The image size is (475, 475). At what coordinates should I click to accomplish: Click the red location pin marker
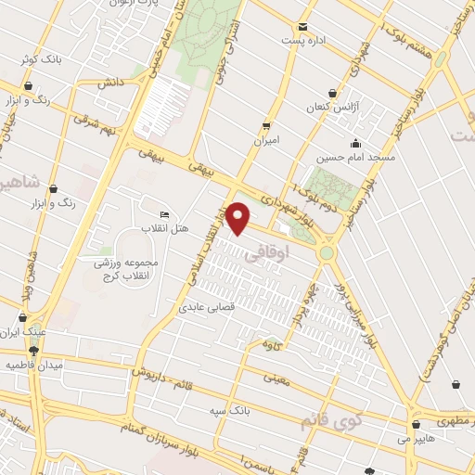[239, 218]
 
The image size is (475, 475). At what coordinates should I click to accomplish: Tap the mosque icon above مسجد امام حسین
[354, 143]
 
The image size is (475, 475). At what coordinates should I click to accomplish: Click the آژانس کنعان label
[332, 109]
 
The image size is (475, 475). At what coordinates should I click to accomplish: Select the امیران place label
[266, 142]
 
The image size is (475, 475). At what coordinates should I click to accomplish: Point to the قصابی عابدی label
[205, 304]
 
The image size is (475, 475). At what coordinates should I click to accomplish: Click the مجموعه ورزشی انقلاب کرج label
[126, 269]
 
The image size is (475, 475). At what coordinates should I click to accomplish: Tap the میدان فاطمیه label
[34, 366]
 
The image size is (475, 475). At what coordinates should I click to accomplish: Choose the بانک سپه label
[228, 408]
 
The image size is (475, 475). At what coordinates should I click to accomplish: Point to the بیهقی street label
[152, 157]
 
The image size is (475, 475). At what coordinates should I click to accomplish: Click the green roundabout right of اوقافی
[327, 251]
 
